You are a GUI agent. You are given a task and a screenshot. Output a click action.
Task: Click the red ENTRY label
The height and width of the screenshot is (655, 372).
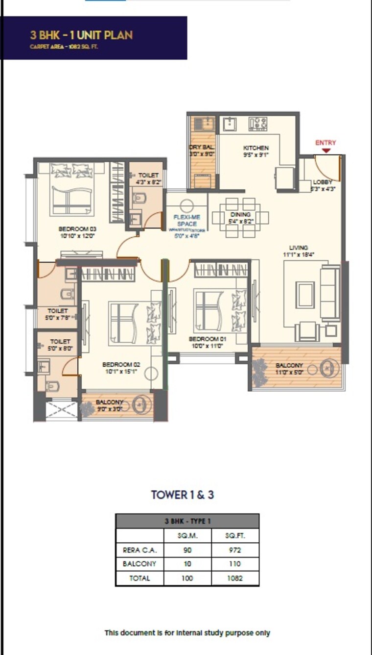click(325, 143)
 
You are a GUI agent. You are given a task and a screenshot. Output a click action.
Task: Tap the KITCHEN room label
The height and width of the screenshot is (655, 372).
click(256, 148)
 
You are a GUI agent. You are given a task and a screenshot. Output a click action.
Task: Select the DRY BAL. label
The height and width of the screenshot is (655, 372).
click(202, 147)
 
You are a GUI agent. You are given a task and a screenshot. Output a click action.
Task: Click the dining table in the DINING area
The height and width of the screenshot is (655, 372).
click(240, 217)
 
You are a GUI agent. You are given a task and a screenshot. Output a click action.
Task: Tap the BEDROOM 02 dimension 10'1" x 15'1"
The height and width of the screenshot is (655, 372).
click(121, 371)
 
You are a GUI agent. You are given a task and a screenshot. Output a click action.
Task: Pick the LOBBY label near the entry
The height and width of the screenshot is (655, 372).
click(323, 182)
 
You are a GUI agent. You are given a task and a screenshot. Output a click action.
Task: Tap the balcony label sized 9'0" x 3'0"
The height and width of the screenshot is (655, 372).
click(110, 402)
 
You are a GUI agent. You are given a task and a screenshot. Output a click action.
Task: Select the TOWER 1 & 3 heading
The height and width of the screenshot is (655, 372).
click(183, 495)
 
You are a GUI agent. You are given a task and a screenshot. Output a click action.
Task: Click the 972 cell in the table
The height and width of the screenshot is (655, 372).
click(235, 550)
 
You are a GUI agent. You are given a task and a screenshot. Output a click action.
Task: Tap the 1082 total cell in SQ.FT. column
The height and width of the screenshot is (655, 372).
click(235, 578)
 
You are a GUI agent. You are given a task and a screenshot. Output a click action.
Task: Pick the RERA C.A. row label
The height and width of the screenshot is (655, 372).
click(139, 550)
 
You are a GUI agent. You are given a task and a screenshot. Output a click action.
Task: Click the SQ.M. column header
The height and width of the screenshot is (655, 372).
click(187, 536)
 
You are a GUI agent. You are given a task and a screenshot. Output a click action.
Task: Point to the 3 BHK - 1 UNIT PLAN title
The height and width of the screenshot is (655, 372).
click(81, 35)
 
